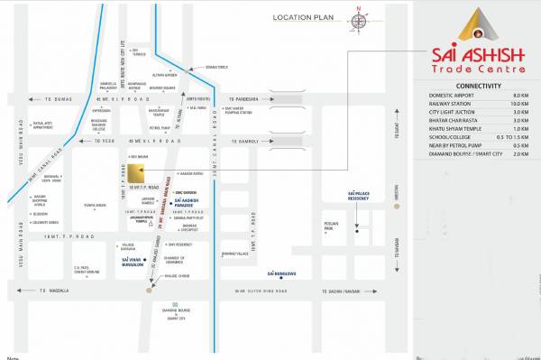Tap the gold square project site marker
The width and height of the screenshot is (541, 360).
pos(133,174)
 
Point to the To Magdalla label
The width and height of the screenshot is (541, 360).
pos(54,291)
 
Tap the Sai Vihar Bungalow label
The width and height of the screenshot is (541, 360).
pos(132,261)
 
